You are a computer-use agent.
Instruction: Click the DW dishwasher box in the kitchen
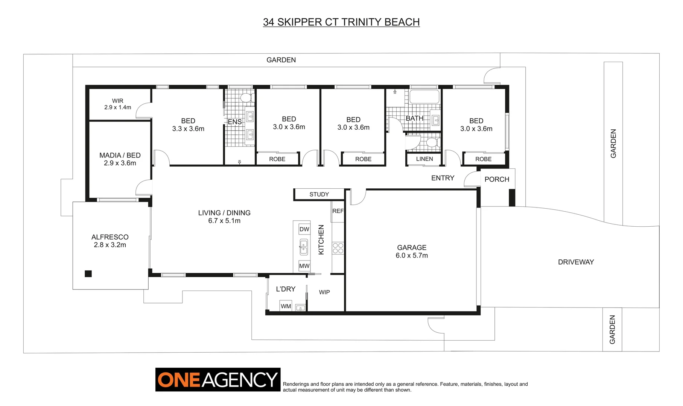click(x=304, y=229)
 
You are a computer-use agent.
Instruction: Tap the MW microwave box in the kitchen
click(x=304, y=266)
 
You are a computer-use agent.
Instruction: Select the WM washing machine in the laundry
click(x=286, y=306)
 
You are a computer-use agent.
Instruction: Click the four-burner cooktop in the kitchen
click(x=338, y=248)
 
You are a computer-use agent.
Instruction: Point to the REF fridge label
click(x=338, y=211)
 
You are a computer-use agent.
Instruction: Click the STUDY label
click(x=319, y=194)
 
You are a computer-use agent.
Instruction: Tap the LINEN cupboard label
click(x=424, y=159)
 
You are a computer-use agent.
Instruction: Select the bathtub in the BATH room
click(x=424, y=97)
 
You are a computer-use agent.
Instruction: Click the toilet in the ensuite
click(x=246, y=98)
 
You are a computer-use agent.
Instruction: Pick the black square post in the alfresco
click(x=88, y=274)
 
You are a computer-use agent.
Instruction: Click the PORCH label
click(x=497, y=179)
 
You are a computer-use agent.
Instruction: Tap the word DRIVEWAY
click(x=576, y=262)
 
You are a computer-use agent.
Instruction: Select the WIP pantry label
click(x=324, y=292)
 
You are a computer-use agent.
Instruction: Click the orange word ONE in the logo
click(x=179, y=380)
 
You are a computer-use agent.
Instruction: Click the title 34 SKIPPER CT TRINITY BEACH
click(x=341, y=22)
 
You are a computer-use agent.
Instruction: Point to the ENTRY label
click(x=443, y=178)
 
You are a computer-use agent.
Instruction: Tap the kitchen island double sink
click(x=304, y=247)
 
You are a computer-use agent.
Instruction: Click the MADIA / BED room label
click(x=120, y=155)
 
